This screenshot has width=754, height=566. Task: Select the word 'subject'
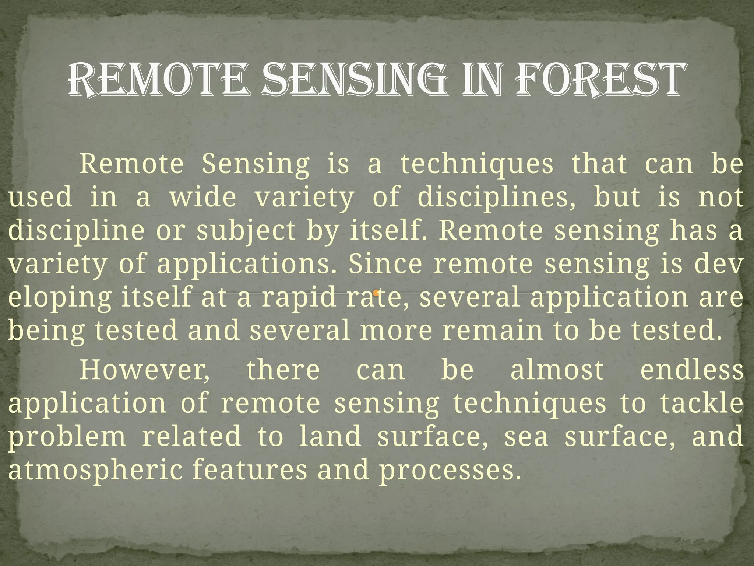coord(246,231)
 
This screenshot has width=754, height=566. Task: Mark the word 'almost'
coord(557,370)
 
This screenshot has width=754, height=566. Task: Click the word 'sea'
coord(526,437)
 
